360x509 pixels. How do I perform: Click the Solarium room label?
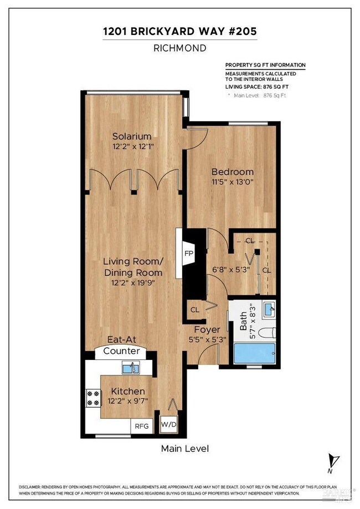pos(132,136)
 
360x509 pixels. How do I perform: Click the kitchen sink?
pos(131,367)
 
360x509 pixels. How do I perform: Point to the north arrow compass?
pos(332,461)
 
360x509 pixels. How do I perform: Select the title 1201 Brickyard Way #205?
pos(180,32)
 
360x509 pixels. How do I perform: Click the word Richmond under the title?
pos(180,48)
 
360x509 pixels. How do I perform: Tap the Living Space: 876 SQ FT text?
pos(256,86)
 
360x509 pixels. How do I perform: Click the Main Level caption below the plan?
pos(185,448)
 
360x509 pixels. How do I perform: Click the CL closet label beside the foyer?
pos(195,310)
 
